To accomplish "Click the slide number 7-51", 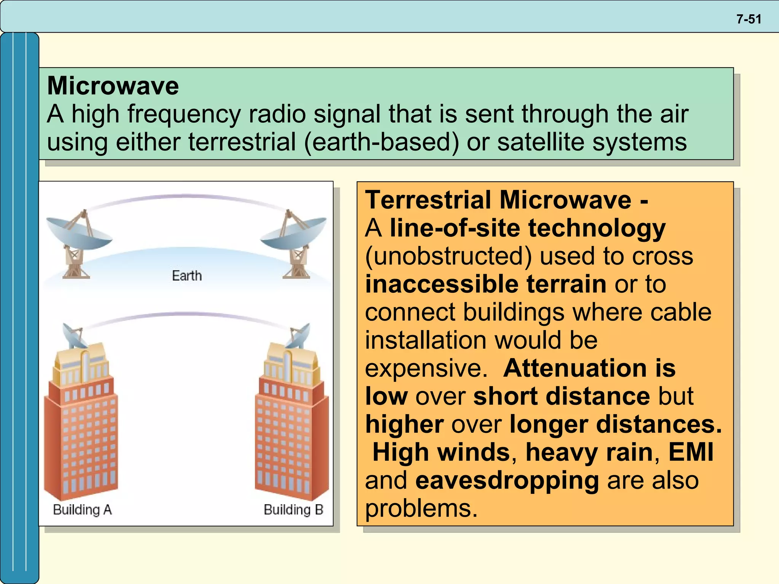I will point(749,19).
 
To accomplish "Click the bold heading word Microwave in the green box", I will point(113,86).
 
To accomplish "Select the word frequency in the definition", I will point(184,114).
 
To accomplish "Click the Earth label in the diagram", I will point(187,276).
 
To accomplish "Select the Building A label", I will point(82,509).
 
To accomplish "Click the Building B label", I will point(293,509).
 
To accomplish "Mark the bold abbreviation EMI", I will point(691,452).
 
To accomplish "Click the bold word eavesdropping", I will point(507,480).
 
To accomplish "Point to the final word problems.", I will point(421,508).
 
